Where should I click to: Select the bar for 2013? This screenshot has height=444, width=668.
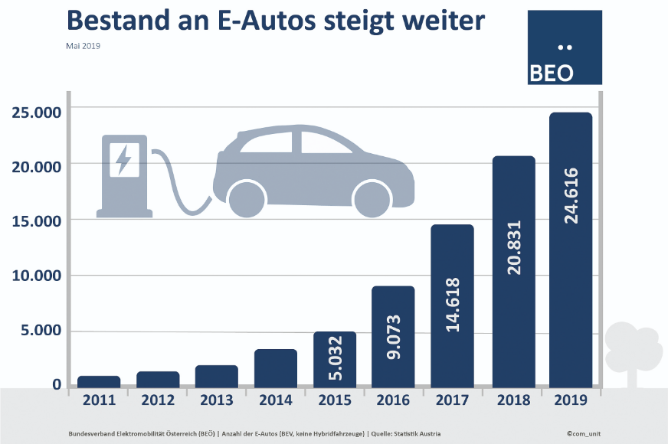point(216,376)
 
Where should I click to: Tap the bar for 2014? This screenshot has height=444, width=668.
point(275,368)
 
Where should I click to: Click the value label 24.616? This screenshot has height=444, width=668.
point(571,196)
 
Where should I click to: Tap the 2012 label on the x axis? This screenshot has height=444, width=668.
point(158,400)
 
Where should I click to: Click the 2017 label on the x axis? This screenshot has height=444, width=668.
point(452,400)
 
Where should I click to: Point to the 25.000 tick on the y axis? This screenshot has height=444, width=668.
point(37,113)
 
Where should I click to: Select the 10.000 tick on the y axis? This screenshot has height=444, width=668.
point(37,276)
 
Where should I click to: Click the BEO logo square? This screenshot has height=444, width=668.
point(565,47)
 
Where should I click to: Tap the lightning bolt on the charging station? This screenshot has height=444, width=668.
point(123,160)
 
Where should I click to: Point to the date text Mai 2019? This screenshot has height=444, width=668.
point(83,46)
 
